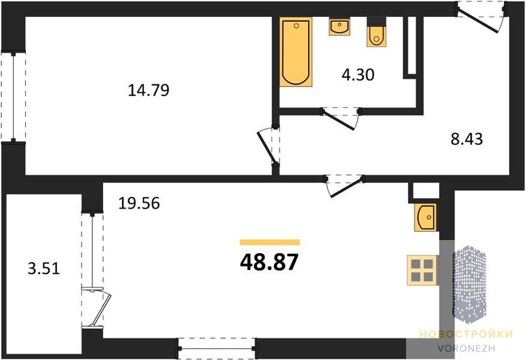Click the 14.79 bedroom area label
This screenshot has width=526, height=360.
pos(149,90)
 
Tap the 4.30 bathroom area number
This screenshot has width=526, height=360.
pos(358,74)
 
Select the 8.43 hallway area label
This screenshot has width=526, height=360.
pos(467,139)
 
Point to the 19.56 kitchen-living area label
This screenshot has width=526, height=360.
pos(139,203)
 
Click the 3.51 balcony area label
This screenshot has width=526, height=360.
pos(44,268)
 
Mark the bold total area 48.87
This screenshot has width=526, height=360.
pos(269,262)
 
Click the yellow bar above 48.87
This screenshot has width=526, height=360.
pos(270,242)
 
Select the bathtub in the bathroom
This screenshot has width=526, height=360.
pos(296,52)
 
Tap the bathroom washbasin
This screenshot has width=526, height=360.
pos(339,26)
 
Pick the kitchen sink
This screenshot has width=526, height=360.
pos(425,217)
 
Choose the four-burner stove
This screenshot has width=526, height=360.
pos(422,271)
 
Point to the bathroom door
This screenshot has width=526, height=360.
pos(341,118)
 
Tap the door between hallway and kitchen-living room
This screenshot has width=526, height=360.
pos(344,185)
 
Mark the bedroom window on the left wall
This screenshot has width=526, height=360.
pos(13,97)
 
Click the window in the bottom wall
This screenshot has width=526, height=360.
pos(217,349)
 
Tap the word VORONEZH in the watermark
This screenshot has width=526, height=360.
pos(466,348)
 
